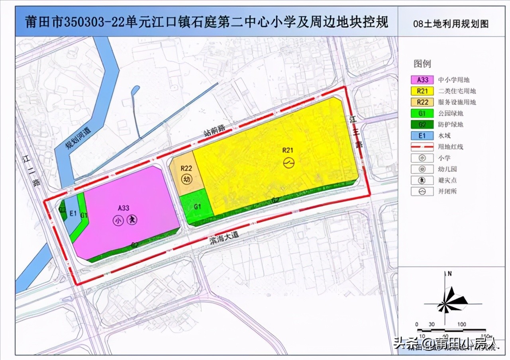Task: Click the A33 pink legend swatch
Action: click(422, 80)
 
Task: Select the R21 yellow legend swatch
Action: click(422, 91)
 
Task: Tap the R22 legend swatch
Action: click(422, 102)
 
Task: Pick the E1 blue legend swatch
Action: click(422, 135)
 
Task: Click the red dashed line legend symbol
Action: click(422, 147)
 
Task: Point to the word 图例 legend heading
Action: click(422, 64)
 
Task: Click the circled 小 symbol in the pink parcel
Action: click(118, 220)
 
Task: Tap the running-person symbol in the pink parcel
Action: click(132, 220)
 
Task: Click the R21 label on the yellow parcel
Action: click(288, 150)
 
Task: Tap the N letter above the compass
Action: click(449, 274)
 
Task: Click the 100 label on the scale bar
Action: click(461, 324)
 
